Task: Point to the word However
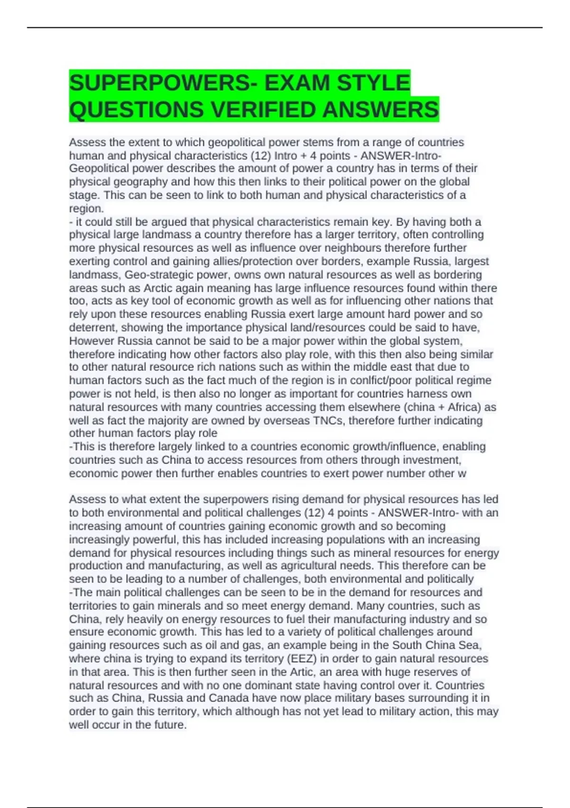[92, 341]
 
